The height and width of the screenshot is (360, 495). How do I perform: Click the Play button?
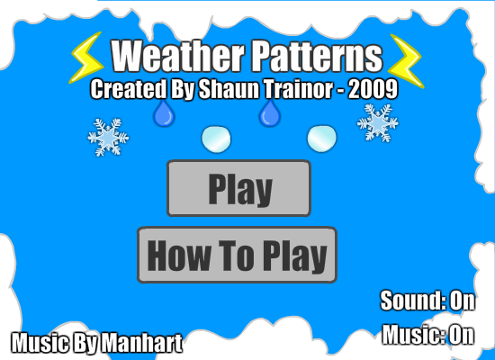coord(239,188)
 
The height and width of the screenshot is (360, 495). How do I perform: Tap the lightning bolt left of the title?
coord(85,58)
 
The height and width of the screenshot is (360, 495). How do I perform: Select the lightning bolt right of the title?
coord(406,61)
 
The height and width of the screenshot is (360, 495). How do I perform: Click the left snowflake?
coord(108,138)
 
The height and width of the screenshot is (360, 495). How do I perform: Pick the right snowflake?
coord(378,122)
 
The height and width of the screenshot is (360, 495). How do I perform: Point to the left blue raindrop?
coord(164,113)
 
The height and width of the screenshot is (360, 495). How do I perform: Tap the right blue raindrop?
coord(270,113)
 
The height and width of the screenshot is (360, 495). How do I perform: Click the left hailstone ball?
coord(216,139)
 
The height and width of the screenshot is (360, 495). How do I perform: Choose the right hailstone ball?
coord(322,139)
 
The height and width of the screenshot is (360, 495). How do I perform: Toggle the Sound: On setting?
coord(427,301)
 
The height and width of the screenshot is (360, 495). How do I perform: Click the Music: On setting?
coord(428,335)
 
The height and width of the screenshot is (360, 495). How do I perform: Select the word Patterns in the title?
coord(318,56)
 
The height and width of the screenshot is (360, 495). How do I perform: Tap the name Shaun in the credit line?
coord(229,89)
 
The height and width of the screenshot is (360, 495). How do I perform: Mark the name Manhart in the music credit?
coord(143,343)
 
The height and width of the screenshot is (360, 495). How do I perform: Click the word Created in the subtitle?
coord(129,89)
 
